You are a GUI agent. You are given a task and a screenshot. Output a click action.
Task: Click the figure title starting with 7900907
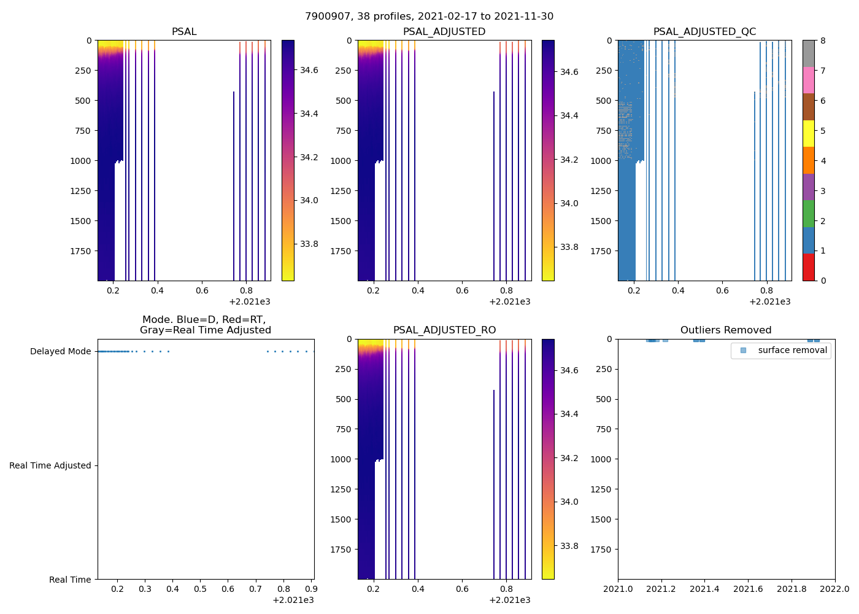coord(429,17)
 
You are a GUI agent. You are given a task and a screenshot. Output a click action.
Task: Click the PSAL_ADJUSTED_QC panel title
coord(704,32)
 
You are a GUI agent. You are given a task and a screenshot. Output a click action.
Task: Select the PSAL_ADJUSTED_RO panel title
coord(444,330)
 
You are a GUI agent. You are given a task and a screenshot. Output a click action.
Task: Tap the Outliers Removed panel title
coord(726,330)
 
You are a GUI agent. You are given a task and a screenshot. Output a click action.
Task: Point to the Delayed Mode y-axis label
coord(60,352)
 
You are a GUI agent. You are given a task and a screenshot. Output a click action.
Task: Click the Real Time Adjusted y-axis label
coord(50,466)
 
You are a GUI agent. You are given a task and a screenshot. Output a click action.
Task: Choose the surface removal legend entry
coord(792,351)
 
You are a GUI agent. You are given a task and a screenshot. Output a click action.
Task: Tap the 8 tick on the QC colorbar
coord(823,41)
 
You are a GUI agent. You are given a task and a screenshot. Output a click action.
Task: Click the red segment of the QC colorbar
coord(809,268)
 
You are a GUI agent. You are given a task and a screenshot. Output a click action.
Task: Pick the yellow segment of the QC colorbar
coord(809,134)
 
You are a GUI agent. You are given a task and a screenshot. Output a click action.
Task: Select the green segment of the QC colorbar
coord(809,214)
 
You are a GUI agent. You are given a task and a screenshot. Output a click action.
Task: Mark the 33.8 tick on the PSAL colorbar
coord(309,244)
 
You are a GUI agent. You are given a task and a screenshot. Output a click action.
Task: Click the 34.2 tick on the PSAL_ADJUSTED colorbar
coord(569,160)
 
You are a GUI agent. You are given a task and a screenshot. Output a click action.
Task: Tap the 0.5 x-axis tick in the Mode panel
coord(200,589)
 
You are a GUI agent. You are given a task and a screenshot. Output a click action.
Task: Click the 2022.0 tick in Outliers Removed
coord(835,589)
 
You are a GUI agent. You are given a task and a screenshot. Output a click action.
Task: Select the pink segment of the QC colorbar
coord(809,80)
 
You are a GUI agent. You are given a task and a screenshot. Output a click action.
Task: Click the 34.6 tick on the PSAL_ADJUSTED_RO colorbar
coord(569,370)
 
